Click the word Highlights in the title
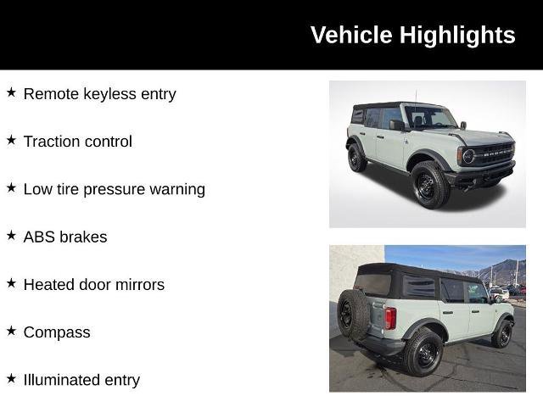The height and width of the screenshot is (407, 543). click(457, 36)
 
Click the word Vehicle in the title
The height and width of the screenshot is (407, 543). click(351, 36)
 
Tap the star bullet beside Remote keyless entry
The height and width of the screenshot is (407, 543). click(11, 92)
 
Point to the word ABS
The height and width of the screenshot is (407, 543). click(39, 237)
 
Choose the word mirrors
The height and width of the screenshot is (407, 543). click(137, 284)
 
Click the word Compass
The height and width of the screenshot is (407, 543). click(57, 332)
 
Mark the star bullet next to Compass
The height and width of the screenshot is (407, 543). click(11, 331)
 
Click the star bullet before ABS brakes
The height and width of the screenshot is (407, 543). click(11, 235)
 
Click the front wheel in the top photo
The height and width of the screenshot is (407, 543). click(428, 185)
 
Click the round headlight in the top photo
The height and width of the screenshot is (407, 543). click(467, 156)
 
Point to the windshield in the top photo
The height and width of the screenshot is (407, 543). click(429, 117)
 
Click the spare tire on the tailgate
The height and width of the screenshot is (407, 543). click(352, 313)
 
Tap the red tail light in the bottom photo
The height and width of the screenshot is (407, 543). click(390, 318)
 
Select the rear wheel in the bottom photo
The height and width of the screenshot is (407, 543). click(423, 351)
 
